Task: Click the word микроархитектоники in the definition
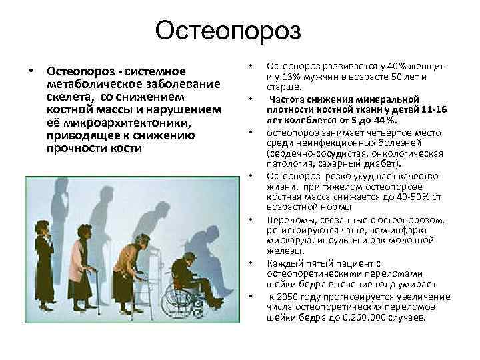coord(116,123)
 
